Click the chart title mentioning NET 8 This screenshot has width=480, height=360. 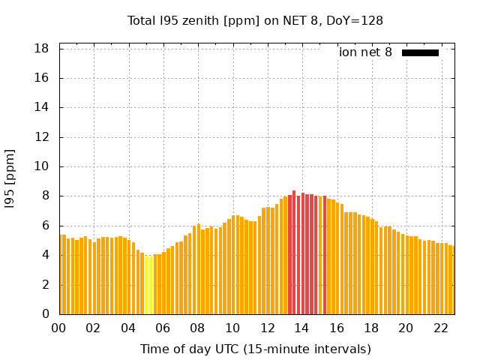click(x=255, y=21)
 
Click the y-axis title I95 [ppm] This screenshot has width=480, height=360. click(x=10, y=179)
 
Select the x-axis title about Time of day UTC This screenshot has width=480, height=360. click(x=256, y=349)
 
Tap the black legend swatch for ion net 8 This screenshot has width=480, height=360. click(x=420, y=53)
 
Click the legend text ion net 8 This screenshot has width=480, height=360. click(x=365, y=52)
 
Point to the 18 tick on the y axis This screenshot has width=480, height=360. click(x=42, y=48)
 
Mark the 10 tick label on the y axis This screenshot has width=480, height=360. click(x=42, y=166)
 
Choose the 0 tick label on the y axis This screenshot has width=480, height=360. click(x=46, y=313)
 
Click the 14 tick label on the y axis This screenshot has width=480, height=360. click(x=42, y=107)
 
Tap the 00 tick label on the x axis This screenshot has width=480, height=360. click(x=58, y=328)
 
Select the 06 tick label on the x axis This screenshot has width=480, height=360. click(x=163, y=328)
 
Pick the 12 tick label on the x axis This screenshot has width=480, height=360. click(x=268, y=328)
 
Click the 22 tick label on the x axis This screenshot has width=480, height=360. click(x=441, y=328)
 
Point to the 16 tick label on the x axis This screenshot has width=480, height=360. click(x=337, y=328)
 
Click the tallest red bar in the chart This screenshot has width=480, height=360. click(x=294, y=252)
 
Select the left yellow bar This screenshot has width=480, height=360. click(x=146, y=285)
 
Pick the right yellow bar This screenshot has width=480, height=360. click(x=151, y=285)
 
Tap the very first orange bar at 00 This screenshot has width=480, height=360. click(x=61, y=274)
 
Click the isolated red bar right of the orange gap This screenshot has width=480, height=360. click(x=325, y=255)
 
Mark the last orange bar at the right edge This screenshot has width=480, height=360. click(x=454, y=280)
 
